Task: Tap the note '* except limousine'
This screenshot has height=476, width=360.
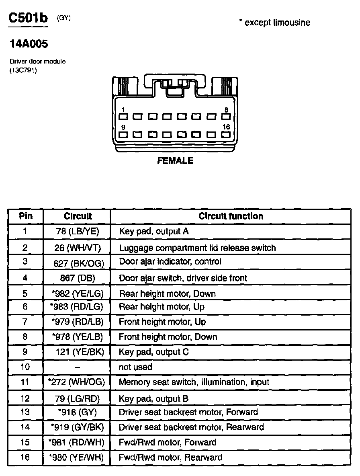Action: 274,23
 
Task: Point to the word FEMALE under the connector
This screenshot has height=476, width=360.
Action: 175,161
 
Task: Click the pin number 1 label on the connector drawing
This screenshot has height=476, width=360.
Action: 123,110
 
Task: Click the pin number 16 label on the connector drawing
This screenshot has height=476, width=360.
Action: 226,127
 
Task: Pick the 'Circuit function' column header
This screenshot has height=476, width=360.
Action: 231,216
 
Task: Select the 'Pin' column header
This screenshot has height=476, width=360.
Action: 26,216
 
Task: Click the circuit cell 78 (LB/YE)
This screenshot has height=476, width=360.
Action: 78,231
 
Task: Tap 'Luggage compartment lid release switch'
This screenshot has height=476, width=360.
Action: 197,248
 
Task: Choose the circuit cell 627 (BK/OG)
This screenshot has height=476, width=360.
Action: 79,263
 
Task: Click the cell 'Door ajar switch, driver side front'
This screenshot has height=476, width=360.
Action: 183,278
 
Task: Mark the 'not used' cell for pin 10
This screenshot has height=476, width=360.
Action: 135,367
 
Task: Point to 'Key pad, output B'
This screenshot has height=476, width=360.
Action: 153,399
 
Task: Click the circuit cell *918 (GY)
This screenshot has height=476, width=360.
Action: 78,412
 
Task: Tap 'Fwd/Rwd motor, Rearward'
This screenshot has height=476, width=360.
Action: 170,457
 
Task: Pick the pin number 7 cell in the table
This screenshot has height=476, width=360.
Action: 25,322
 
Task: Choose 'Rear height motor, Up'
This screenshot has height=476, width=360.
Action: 162,307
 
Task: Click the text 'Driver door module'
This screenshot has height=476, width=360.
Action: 37,62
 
